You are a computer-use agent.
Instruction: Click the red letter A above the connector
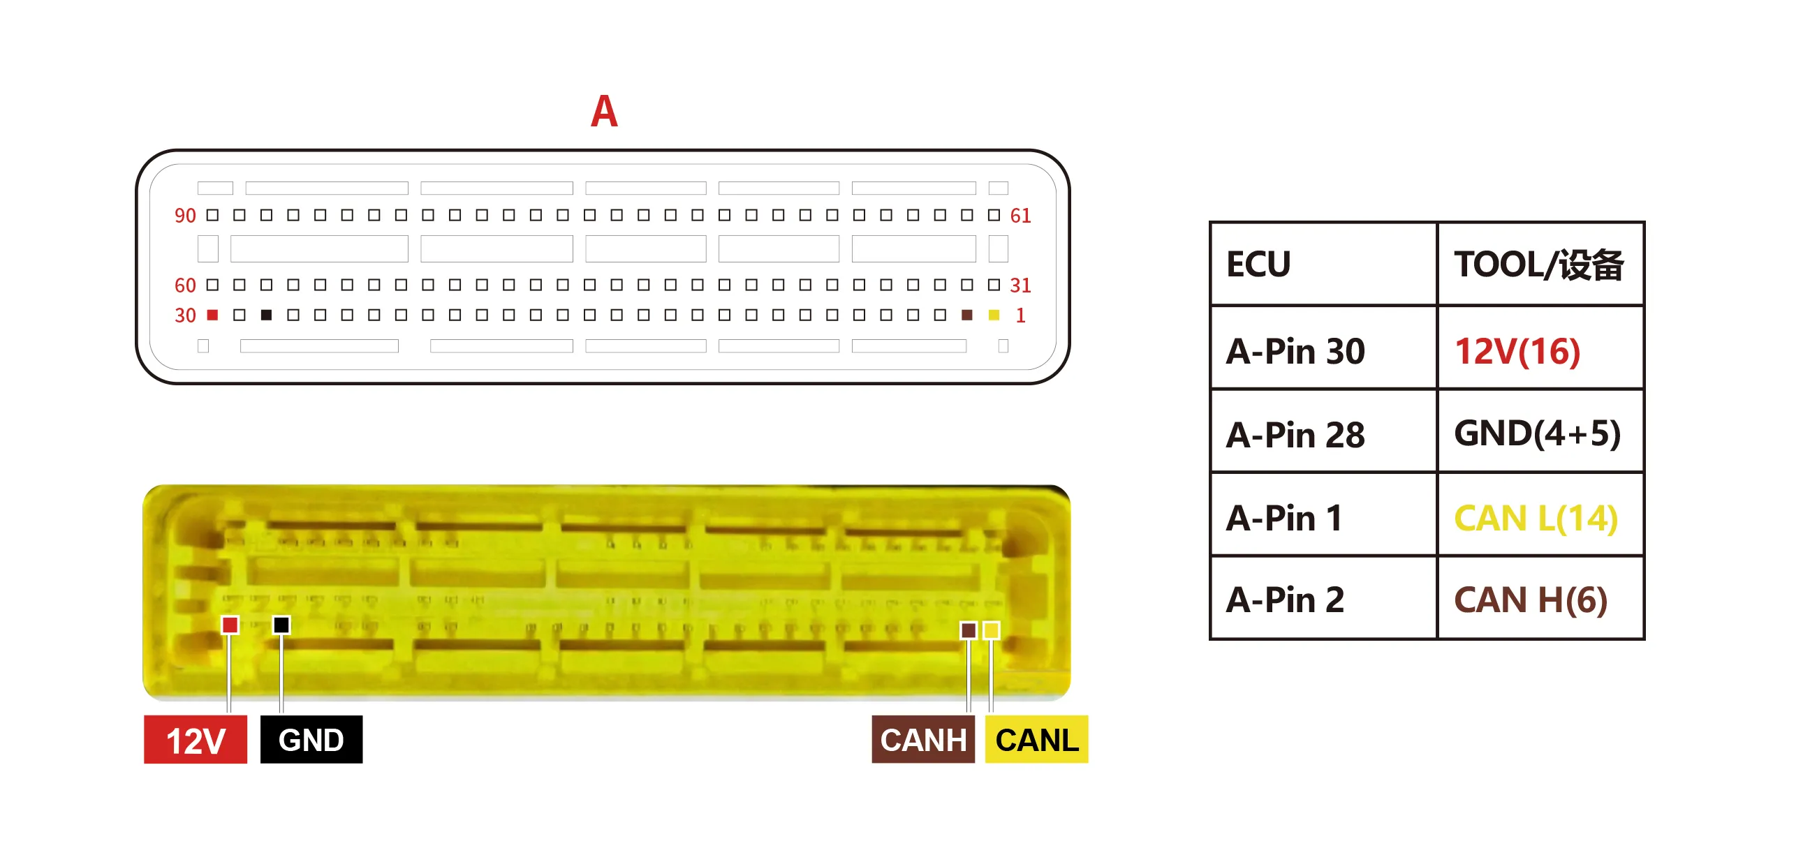coord(603,111)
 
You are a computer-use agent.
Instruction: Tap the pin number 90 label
coord(185,216)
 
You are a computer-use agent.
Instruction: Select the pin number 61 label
coord(1020,216)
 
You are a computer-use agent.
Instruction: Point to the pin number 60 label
coord(185,285)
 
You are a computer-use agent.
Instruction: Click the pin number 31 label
coord(1020,285)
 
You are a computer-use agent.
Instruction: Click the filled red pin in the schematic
coord(212,315)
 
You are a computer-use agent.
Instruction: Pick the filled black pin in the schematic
coord(266,315)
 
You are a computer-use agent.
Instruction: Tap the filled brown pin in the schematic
coord(967,315)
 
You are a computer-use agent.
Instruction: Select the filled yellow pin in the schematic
coord(994,315)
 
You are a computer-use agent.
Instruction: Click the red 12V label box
coord(196,739)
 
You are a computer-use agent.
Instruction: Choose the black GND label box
coord(311,739)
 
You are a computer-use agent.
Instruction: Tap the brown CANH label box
coord(923,739)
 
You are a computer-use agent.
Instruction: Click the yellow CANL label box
coord(1036,739)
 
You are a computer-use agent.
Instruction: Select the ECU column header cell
coord(1324,264)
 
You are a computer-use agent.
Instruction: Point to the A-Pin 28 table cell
coord(1324,431)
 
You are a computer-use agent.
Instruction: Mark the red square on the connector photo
coord(230,625)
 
